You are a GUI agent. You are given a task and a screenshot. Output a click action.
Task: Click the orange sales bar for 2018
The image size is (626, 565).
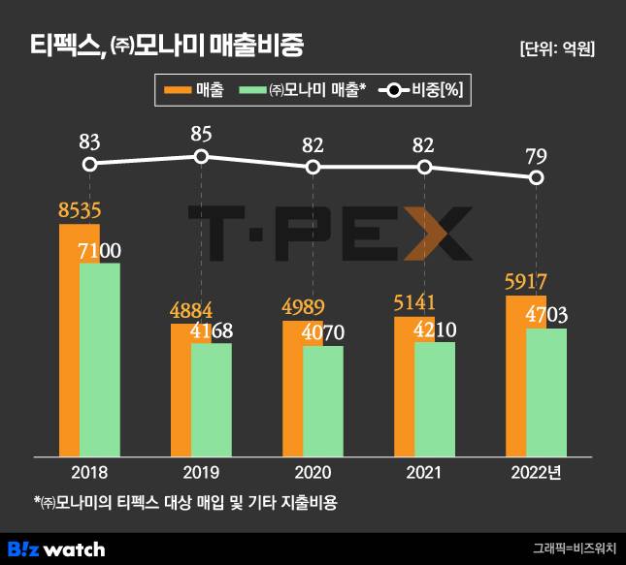68,339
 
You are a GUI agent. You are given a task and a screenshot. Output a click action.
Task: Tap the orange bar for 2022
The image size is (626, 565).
515,378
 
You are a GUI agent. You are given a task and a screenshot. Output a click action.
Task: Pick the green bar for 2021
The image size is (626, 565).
435,398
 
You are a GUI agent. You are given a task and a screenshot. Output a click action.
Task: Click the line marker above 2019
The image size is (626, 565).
201,156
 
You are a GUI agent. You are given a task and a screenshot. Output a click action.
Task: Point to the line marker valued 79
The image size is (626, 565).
536,177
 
